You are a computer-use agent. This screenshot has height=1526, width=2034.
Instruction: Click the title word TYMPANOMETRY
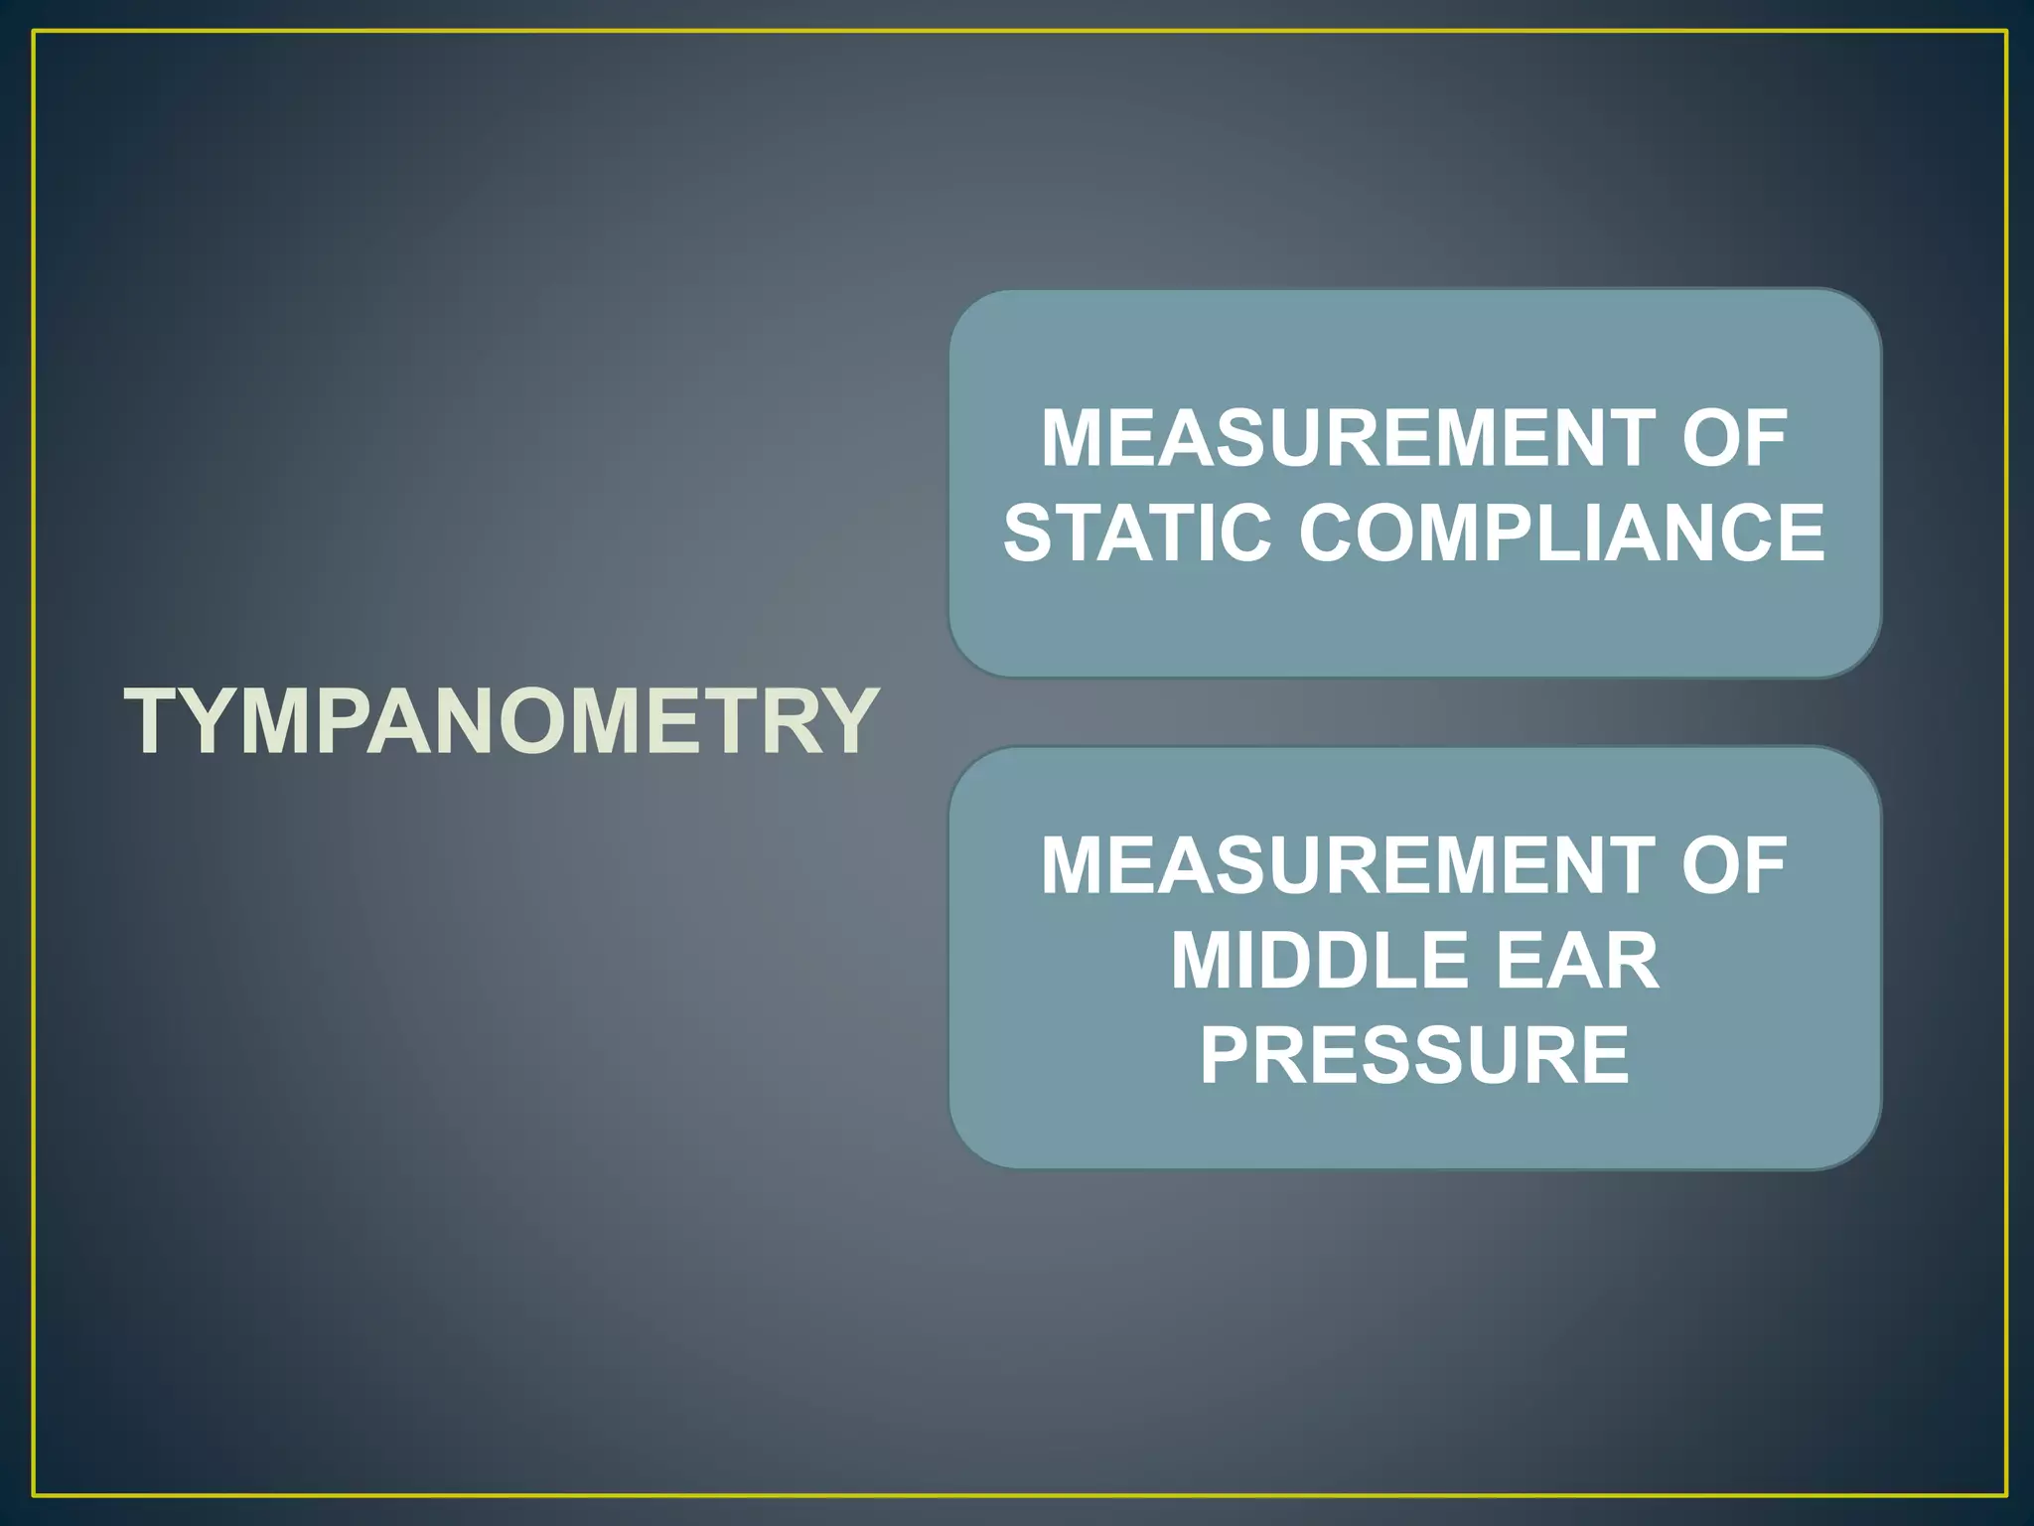tap(502, 721)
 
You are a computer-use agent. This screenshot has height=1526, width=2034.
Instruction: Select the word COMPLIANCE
tap(1562, 533)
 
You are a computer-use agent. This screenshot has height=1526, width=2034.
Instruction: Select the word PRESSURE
tap(1414, 1055)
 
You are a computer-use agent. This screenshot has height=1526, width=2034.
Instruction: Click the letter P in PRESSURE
tap(1226, 1055)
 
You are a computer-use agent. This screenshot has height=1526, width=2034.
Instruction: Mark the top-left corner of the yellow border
tap(34, 32)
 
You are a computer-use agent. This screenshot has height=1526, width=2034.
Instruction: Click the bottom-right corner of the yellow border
tap(2006, 1495)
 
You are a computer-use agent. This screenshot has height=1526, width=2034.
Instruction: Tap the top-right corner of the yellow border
tap(2006, 32)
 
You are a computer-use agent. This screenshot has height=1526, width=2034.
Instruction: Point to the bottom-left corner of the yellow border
tap(34, 1495)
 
